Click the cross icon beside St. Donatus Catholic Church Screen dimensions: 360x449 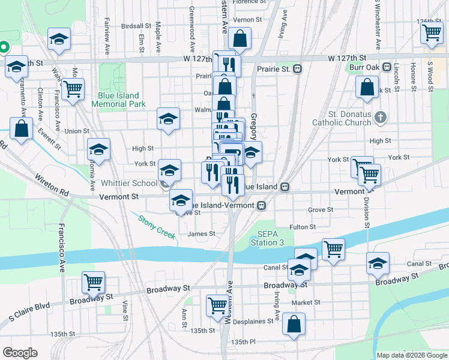[x=379, y=118]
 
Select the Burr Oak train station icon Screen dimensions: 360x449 [x=388, y=67]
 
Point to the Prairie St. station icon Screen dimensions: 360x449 [x=297, y=69]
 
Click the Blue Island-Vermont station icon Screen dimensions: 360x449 [x=261, y=205]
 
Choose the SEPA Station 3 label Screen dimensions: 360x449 [x=271, y=238]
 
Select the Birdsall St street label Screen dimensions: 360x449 [x=136, y=26]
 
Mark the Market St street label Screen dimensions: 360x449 [x=303, y=302]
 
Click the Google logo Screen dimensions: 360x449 [x=20, y=352]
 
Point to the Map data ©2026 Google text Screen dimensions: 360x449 [x=411, y=355]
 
